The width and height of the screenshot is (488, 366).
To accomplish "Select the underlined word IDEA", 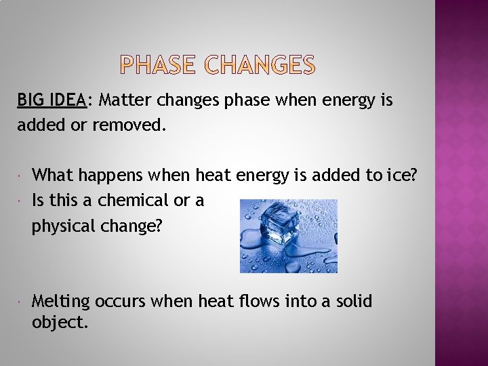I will point(68,101).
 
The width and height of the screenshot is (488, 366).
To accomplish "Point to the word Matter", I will point(125,101).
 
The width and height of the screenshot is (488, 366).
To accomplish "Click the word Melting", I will point(61,301).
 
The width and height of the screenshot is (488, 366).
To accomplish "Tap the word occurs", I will point(123,301).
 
